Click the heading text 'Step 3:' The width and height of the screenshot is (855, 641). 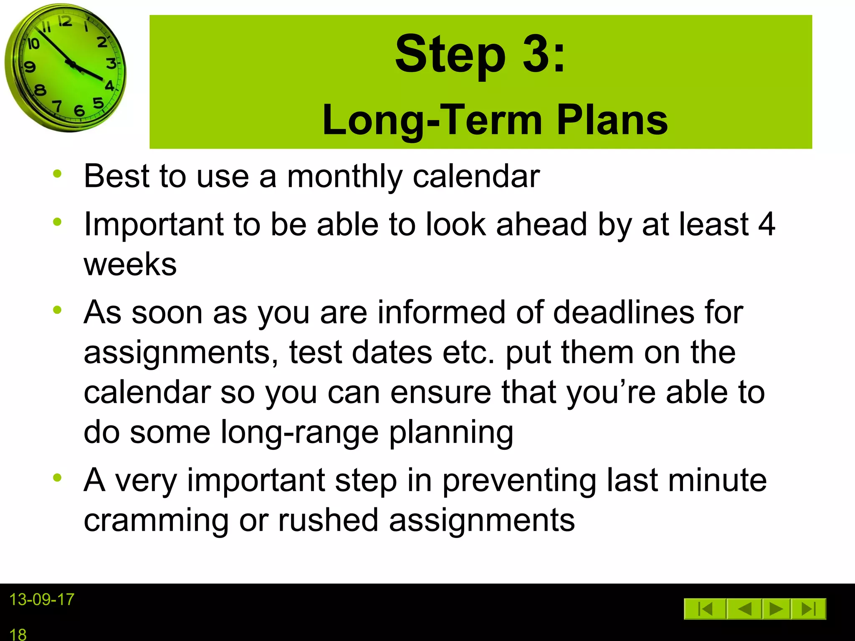[480, 54]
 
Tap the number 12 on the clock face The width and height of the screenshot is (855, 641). [65, 21]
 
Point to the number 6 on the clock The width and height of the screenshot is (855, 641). [79, 111]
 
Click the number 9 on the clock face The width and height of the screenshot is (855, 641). [30, 67]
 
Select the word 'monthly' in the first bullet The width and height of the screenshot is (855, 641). [344, 177]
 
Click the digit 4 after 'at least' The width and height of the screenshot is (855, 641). [766, 225]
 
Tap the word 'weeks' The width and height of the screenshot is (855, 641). [130, 264]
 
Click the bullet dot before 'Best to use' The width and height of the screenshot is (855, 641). [58, 174]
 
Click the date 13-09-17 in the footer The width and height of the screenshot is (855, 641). [42, 600]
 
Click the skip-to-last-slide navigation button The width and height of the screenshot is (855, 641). [809, 609]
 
